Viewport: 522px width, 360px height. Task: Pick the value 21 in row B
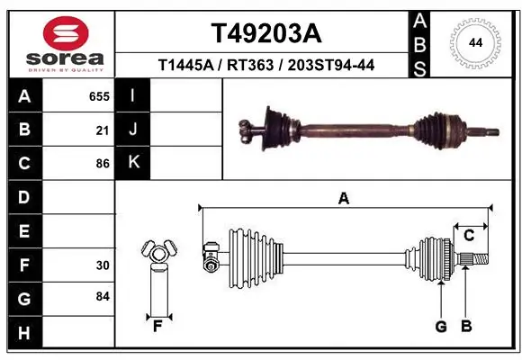click(103, 130)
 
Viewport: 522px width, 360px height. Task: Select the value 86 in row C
click(103, 164)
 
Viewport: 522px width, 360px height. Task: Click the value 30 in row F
click(103, 265)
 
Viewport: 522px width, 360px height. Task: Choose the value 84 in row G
click(103, 296)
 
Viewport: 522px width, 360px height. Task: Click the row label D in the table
click(23, 197)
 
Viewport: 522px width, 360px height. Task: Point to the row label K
click(133, 162)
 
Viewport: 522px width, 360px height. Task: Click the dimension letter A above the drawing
click(343, 199)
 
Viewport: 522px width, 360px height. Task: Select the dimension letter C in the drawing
click(469, 236)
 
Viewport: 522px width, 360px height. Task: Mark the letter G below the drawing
click(441, 326)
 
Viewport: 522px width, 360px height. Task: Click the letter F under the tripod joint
click(157, 326)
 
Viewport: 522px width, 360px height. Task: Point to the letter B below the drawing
click(466, 326)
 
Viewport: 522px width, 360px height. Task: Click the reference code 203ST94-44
click(329, 66)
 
